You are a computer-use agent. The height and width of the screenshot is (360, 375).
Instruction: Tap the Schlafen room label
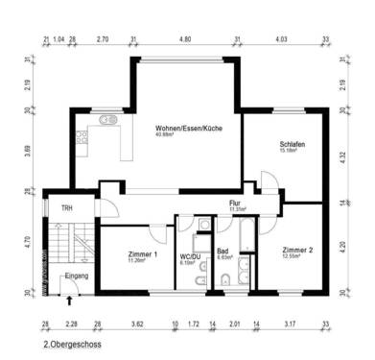click(x=292, y=144)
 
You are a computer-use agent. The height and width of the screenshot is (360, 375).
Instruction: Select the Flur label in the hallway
click(x=234, y=203)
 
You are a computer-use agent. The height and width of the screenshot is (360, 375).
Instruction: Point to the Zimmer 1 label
click(x=142, y=253)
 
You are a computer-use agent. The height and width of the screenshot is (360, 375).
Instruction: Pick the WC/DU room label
click(x=189, y=256)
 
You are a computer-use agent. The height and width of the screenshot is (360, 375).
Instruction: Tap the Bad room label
click(x=222, y=251)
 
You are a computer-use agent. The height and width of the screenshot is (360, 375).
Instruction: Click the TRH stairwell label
click(x=67, y=208)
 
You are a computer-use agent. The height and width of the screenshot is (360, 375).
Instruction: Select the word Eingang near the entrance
click(x=76, y=276)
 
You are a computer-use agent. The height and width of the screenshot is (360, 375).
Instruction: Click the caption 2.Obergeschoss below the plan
click(x=72, y=342)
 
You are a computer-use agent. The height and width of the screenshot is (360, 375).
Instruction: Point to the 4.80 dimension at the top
click(x=186, y=39)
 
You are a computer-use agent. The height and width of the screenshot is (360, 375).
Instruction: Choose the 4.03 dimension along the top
click(x=281, y=39)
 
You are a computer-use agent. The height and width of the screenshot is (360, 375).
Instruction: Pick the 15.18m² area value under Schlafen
click(x=291, y=151)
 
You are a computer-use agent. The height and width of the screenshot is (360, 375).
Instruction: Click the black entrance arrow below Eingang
click(x=69, y=300)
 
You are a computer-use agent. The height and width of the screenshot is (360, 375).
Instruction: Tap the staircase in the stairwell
click(x=65, y=245)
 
